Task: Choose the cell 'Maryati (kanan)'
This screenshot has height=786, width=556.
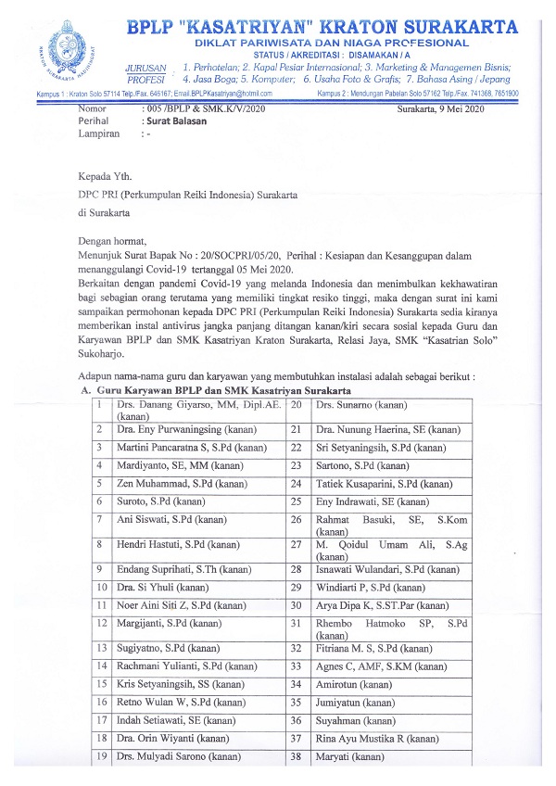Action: (x=350, y=757)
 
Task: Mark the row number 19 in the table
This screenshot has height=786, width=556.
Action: (x=98, y=757)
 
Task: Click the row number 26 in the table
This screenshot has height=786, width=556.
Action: (x=297, y=520)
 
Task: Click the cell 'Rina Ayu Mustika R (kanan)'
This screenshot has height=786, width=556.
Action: (x=376, y=738)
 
